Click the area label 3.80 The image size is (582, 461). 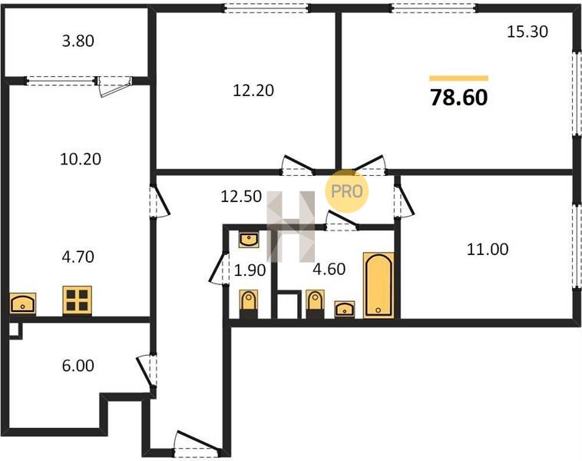pos(78,41)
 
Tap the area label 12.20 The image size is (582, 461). pos(253,91)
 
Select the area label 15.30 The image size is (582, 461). pos(527,32)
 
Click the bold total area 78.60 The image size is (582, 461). pos(459,98)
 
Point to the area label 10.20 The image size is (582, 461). pos(81,159)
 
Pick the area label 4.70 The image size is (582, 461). pos(78,257)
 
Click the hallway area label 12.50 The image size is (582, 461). pos(241,196)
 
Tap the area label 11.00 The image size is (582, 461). pos(488,249)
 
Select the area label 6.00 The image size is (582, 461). pos(78,366)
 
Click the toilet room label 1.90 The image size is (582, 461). pos(250,270)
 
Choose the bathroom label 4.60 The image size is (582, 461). pos(329,269)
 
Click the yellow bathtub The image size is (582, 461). pos(379,285)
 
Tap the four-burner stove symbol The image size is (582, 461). pos(78,300)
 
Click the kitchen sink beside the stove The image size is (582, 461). pos(22,303)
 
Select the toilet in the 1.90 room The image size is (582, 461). pos(249,303)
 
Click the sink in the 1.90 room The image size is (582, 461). pos(249,240)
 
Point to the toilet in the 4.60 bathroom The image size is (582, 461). pos(315,303)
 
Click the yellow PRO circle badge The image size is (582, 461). pos(347,191)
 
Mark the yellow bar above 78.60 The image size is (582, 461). pos(459,78)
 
